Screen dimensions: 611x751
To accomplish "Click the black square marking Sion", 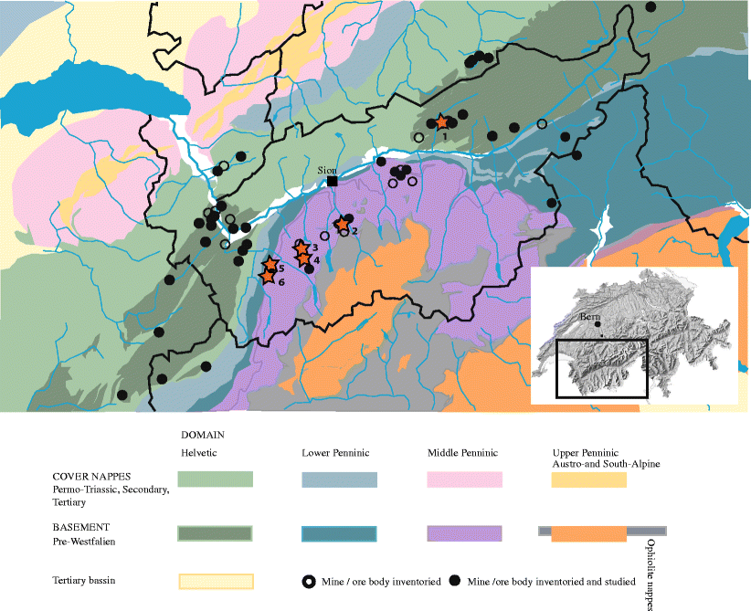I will (x=333, y=182).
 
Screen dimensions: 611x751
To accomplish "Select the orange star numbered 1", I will (x=441, y=121).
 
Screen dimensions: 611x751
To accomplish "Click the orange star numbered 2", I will (x=341, y=224).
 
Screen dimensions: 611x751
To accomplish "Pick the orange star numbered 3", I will (x=301, y=248).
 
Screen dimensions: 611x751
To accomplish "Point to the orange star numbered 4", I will (x=304, y=259).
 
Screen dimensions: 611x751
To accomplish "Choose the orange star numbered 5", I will (x=270, y=266).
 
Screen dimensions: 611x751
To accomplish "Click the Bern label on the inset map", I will (x=589, y=315).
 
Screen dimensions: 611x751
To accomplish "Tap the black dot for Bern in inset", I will (x=598, y=323).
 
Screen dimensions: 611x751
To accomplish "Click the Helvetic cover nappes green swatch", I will (x=215, y=480).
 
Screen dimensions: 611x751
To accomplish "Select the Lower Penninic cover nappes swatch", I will (x=339, y=480).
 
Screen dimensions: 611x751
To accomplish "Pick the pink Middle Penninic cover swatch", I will (x=464, y=480).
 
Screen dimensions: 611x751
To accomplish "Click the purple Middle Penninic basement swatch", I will (x=464, y=533).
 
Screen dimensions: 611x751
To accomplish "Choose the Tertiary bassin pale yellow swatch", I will (x=215, y=582).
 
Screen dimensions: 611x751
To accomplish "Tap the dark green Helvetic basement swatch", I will (x=215, y=533).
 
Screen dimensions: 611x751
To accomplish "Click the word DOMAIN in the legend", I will (x=203, y=435).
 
